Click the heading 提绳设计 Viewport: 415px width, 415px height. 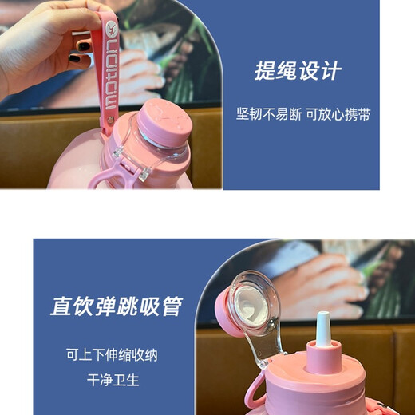point(298,71)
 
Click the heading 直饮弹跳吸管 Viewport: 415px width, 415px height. point(117,306)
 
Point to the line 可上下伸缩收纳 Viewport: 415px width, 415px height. point(117,354)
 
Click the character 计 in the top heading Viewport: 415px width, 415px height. point(330,71)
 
